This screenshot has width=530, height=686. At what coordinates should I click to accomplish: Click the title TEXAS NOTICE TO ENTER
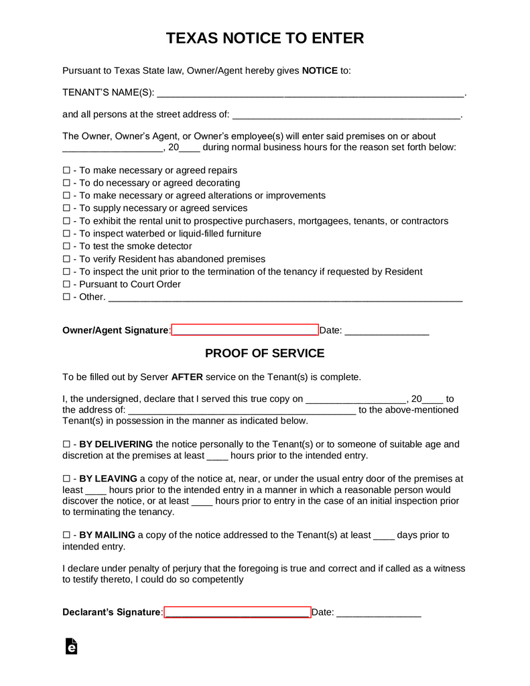point(265,38)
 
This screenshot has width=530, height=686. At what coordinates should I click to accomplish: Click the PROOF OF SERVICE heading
point(265,353)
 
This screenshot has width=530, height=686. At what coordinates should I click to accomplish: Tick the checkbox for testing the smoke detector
point(66,247)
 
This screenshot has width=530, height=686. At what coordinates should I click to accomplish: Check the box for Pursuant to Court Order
point(66,285)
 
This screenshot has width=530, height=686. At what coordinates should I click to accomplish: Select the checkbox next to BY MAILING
point(66,535)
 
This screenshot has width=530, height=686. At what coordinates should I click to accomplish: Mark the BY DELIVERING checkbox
point(66,445)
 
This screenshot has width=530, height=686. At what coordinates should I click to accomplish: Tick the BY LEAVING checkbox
point(66,480)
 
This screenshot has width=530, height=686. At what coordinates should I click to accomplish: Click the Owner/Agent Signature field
point(245,330)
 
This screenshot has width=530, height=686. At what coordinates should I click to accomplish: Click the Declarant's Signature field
point(237,612)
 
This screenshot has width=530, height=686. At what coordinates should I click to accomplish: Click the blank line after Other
point(285,297)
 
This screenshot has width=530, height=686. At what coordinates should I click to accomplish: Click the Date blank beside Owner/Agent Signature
point(387,331)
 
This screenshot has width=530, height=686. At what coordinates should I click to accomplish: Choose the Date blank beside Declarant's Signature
point(379,613)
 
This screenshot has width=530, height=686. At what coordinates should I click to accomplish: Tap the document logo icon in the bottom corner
point(71,646)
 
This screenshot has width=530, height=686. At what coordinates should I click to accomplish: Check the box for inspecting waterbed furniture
point(66,234)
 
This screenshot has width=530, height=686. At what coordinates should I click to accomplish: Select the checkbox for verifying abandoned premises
point(66,259)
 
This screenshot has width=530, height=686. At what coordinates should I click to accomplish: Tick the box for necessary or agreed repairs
point(66,171)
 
